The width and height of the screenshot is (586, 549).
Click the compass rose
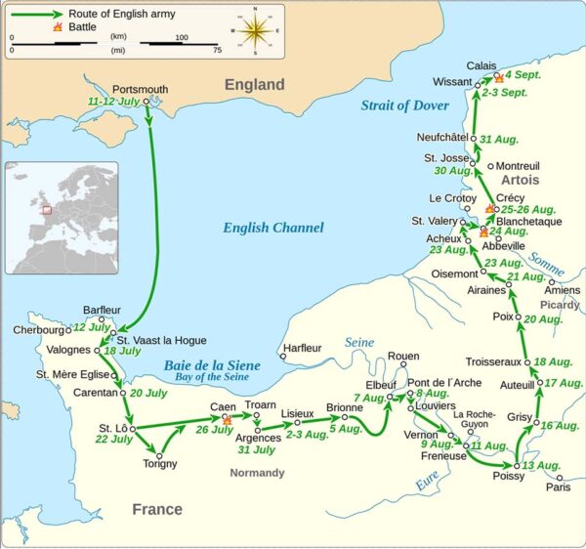coord(258,31)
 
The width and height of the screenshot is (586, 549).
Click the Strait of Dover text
coord(404,106)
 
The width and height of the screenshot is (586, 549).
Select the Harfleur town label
coord(300,347)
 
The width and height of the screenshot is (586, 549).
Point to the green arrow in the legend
coord(36,15)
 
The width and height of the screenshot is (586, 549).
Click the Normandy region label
coord(257,473)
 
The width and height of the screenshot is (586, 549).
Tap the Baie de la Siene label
coord(212,365)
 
